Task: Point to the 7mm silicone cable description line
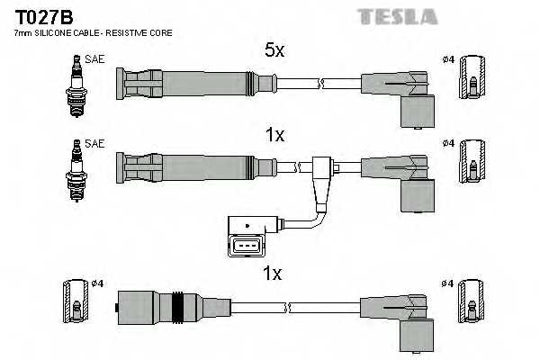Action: [x=94, y=33]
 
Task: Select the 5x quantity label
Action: [x=274, y=51]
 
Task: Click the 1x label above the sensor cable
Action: [x=274, y=135]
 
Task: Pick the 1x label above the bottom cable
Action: [x=274, y=272]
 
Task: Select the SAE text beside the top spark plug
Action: [x=93, y=60]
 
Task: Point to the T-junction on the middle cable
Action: [x=321, y=170]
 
